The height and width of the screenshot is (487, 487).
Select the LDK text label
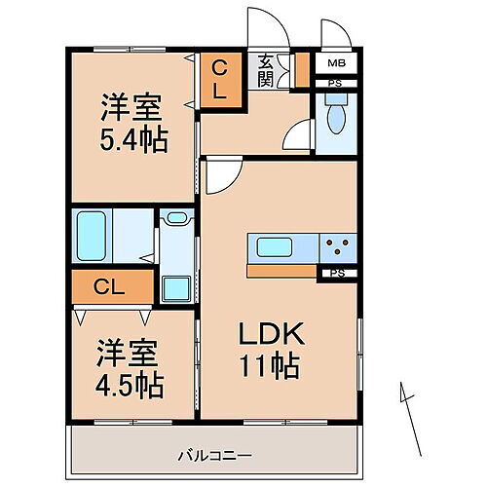pos(274,334)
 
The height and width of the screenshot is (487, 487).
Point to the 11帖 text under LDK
pos(274,367)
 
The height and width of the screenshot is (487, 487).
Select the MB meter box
pos(334,65)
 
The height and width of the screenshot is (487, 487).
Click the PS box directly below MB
pos(334,85)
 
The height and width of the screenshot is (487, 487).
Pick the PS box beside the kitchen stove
pos(337,273)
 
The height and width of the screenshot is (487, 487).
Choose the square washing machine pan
pos(176,288)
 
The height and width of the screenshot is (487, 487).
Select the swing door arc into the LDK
pos(222,174)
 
